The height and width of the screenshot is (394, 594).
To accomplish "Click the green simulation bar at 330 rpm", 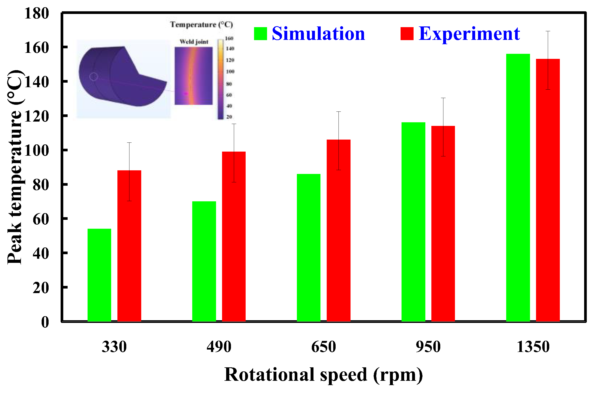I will (99, 275).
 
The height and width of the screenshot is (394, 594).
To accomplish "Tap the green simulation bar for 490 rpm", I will (204, 261).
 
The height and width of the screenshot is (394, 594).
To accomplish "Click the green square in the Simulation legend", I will (260, 34).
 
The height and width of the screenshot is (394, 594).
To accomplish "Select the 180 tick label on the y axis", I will (37, 13).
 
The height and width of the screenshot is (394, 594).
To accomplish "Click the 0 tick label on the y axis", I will (45, 322).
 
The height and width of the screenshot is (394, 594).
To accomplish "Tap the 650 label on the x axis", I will (323, 347).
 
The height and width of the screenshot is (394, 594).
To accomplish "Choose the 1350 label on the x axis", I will (533, 347).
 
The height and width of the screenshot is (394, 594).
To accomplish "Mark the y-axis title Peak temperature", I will (15, 167).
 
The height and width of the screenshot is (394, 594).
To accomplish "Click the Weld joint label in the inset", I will (194, 42).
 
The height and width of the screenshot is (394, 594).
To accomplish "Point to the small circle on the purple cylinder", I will (94, 77).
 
